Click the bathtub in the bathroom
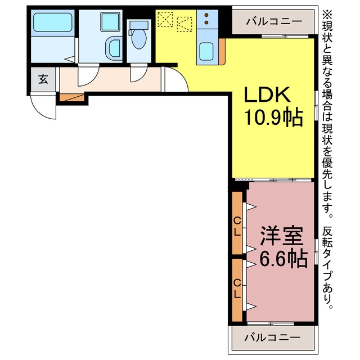click(52, 22)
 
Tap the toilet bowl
click(139, 39)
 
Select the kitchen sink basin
click(206, 52)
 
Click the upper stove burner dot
click(206, 15)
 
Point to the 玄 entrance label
click(43, 79)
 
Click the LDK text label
click(267, 94)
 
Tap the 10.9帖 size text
click(274, 118)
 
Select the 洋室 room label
click(281, 236)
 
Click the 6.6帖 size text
click(283, 259)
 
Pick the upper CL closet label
click(237, 227)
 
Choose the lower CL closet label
click(237, 289)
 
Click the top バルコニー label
click(274, 21)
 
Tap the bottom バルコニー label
click(272, 337)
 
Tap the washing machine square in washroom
click(110, 21)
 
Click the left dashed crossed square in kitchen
click(165, 20)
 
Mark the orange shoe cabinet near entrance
click(72, 97)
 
